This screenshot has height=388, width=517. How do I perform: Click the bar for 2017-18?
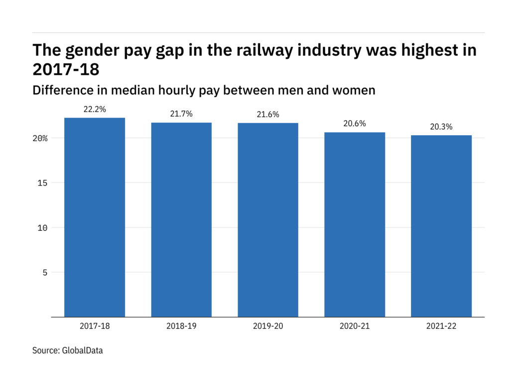95,217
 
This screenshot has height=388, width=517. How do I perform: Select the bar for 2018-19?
181,219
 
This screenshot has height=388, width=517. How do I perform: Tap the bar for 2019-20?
268,219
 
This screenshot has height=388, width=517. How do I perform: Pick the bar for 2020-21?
355,224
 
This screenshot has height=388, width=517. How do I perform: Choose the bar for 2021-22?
441,226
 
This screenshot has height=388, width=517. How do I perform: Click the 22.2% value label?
95,109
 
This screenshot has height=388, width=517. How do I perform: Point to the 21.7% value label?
181,114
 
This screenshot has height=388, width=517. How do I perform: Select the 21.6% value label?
268,115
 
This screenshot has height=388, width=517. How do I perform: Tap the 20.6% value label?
355,124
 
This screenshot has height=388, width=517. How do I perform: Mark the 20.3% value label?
441,127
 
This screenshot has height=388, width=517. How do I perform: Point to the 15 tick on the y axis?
43,183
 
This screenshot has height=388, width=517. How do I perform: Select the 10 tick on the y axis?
43,228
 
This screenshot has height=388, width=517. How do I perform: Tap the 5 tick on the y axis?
45,273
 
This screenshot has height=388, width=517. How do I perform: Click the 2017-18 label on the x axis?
95,327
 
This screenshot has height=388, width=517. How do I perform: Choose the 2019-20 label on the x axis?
268,327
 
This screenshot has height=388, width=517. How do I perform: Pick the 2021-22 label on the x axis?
441,327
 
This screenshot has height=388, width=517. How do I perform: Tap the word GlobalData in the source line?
82,351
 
